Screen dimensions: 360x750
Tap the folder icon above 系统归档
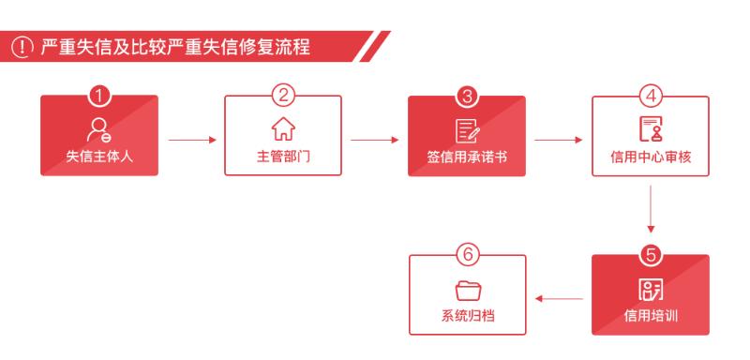click(x=467, y=287)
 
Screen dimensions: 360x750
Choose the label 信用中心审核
click(x=651, y=155)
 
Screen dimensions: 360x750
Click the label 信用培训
click(x=651, y=313)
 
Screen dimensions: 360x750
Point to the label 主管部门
click(x=283, y=155)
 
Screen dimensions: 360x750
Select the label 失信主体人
click(x=98, y=155)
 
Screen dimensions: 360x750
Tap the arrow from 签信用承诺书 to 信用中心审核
click(x=559, y=142)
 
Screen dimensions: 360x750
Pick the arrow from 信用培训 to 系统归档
click(x=559, y=301)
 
